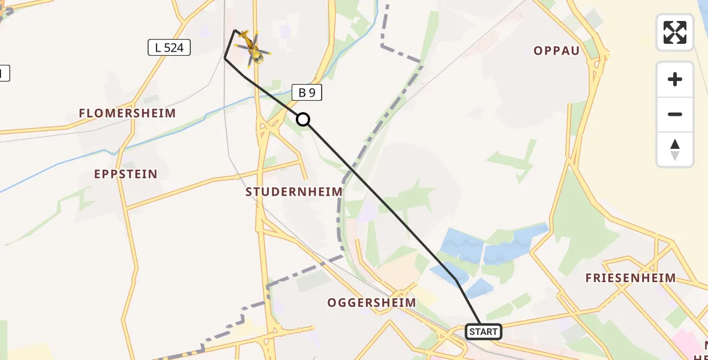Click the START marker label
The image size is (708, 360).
[x=484, y=331]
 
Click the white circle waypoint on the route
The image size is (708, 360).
[x=304, y=119]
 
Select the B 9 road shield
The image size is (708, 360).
[x=307, y=92]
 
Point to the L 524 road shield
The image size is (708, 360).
[x=169, y=47]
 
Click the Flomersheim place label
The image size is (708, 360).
[x=128, y=113]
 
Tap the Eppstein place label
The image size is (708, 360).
[x=126, y=174]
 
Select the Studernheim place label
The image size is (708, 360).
[x=294, y=191]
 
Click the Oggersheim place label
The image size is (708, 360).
[x=371, y=302]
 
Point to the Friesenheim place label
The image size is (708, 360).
[x=631, y=278]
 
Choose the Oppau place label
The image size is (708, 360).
[x=557, y=50]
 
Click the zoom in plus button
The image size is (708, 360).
[x=675, y=79]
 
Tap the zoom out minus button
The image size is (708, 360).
[x=675, y=114]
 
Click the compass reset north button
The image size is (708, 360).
[x=675, y=149]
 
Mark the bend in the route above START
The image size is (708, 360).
[x=456, y=280]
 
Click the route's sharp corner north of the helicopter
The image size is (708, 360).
[x=235, y=30]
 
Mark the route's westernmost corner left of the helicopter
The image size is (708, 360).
[x=225, y=58]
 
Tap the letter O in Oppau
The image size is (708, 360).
[x=538, y=50]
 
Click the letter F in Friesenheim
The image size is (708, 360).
[x=589, y=278]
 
